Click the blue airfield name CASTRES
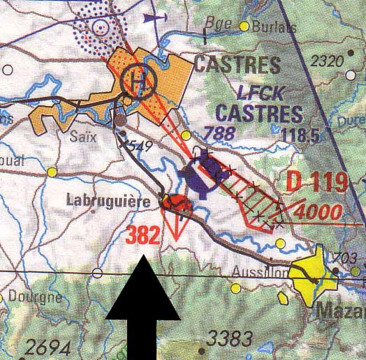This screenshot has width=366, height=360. pyautogui.click(x=259, y=112)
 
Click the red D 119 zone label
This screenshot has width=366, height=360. pyautogui.click(x=317, y=183)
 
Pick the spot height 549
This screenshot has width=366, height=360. pyautogui.click(x=140, y=145)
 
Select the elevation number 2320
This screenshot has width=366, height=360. pyautogui.click(x=328, y=61)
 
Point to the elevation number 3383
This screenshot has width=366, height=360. pyautogui.click(x=230, y=340)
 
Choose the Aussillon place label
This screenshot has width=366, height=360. pyautogui.click(x=260, y=273)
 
